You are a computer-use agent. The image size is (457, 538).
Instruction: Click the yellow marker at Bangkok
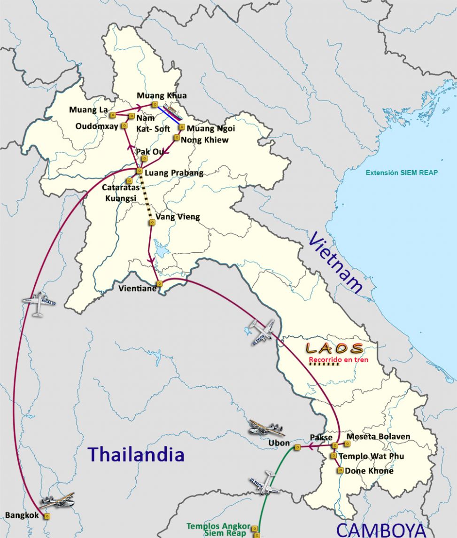pos(47,516)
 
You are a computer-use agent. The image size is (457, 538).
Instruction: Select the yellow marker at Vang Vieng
pos(152,222)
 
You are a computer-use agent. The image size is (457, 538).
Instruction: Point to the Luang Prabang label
pos(174,173)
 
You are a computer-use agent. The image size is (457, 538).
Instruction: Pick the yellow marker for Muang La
pos(112,115)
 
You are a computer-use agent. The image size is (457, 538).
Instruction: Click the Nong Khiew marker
pos(177,138)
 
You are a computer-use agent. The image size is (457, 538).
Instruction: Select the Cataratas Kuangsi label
pos(119,193)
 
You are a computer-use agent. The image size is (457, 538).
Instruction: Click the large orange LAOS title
pos(334,348)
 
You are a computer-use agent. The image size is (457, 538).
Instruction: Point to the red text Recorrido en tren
pos(338,360)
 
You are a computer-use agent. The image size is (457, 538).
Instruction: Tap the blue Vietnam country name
pos(336,264)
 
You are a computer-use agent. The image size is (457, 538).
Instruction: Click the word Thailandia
pos(136,454)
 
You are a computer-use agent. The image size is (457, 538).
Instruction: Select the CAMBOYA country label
pos(381,530)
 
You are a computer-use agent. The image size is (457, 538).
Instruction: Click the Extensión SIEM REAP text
pos(402,172)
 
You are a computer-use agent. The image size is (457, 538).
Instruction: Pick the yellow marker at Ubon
pos(297,448)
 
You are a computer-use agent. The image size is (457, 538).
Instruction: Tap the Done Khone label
pos(369,470)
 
